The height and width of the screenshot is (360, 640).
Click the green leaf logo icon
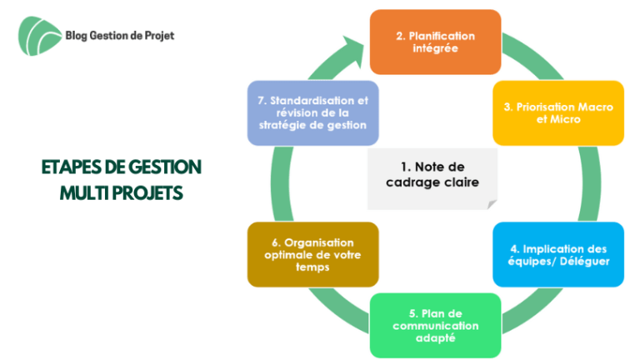[40, 36]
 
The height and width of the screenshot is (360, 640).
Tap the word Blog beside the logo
[77, 36]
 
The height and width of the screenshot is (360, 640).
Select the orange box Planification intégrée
[435, 42]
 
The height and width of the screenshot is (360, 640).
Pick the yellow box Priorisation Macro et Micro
[558, 113]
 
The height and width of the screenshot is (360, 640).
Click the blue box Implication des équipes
[558, 255]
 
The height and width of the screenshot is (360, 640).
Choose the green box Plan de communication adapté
[435, 326]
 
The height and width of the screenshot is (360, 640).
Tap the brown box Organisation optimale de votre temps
[312, 255]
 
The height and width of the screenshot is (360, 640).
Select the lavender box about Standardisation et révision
[312, 113]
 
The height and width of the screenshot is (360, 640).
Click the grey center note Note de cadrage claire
[432, 179]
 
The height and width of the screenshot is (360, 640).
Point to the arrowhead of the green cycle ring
[355, 50]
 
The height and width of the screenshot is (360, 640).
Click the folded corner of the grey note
[492, 204]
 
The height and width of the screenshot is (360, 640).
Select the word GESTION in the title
[165, 167]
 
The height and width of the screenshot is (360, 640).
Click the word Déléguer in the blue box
[584, 261]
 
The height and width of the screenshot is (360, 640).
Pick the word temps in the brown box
[312, 267]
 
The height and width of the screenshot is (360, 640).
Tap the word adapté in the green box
[435, 338]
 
